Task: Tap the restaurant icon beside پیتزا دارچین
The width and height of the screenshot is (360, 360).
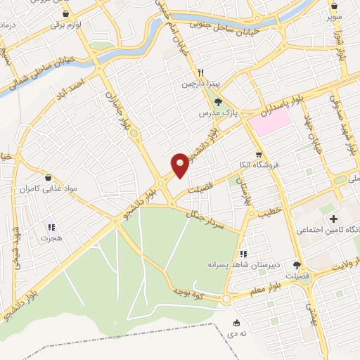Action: [x=201, y=72]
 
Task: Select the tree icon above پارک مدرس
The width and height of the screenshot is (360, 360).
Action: [x=217, y=102]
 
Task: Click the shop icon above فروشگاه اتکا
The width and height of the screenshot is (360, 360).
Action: [x=259, y=155]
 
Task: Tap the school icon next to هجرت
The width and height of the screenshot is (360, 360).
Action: [x=50, y=227]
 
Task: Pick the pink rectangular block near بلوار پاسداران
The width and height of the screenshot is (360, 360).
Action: [x=271, y=124]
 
